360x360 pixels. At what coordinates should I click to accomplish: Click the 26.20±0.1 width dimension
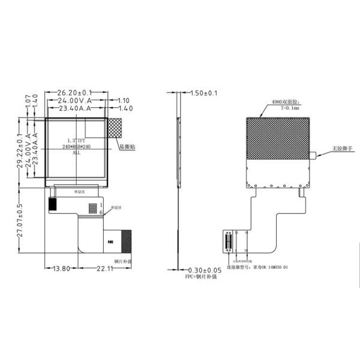(74, 93)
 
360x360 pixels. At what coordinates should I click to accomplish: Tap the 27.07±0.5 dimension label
(20, 223)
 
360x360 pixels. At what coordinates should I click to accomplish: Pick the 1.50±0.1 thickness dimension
(203, 94)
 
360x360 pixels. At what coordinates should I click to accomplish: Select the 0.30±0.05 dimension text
(205, 271)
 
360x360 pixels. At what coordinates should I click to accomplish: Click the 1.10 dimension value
(124, 101)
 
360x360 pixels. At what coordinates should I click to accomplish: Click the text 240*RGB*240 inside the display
(77, 146)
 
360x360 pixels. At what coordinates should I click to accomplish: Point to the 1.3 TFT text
(77, 140)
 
